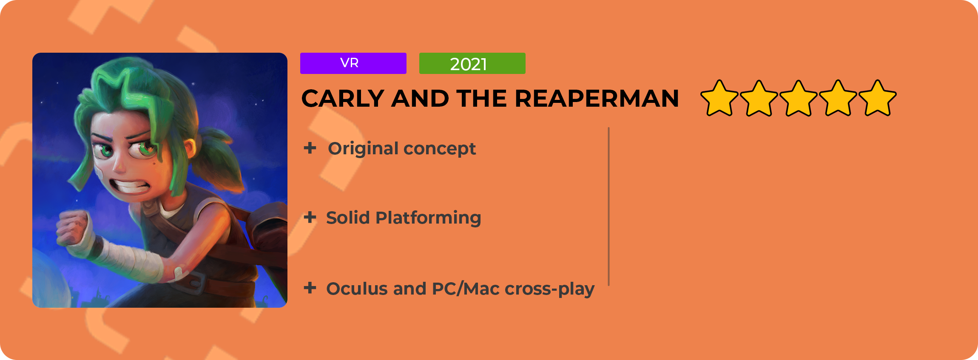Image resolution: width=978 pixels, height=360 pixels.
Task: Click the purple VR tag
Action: coord(353,63)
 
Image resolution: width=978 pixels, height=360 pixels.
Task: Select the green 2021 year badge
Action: coord(472,63)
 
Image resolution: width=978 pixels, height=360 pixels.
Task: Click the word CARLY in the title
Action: coord(343,99)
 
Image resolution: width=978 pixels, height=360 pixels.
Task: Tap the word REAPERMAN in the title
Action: coord(596,99)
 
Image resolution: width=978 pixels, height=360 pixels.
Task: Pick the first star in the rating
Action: coord(719,98)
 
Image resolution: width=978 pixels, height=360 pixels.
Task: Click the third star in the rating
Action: coord(799,98)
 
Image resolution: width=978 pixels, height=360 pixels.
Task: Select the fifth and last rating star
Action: coord(878,98)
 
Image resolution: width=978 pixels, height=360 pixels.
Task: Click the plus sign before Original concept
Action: coord(310,148)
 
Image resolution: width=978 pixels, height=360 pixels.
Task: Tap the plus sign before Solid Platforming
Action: coord(310,217)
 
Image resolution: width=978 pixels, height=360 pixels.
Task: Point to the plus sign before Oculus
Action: coord(310,288)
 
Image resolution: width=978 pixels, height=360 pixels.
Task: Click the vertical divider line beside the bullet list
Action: coord(609,207)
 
